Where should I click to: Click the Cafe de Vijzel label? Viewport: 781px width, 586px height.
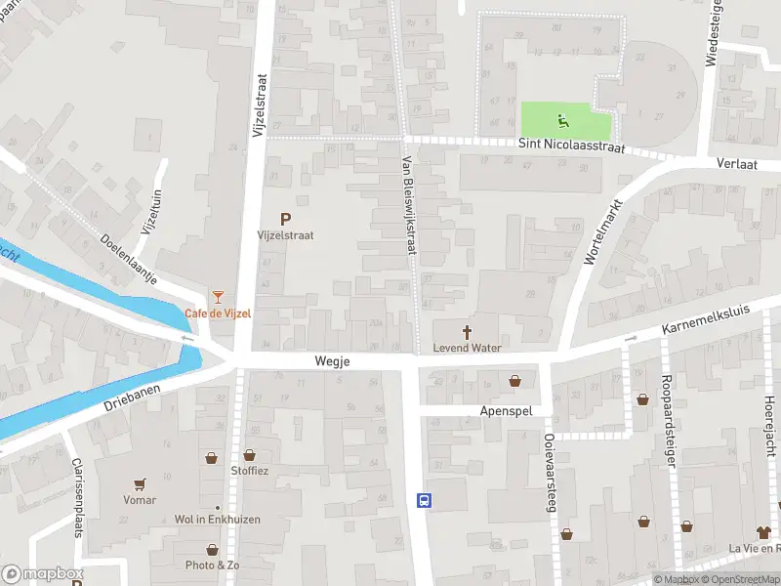[x=218, y=313]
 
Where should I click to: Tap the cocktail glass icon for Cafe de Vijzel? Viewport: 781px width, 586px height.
[x=218, y=296]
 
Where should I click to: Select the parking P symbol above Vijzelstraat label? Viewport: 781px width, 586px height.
[x=285, y=220]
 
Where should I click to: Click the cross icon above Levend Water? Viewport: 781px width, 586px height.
[x=466, y=331]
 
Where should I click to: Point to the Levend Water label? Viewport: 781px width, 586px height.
[x=466, y=348]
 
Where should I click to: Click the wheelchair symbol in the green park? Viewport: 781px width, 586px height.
[x=563, y=122]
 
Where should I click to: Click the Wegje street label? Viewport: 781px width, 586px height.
[x=332, y=361]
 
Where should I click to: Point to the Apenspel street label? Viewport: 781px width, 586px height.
[x=506, y=411]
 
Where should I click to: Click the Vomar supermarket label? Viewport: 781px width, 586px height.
[x=140, y=500]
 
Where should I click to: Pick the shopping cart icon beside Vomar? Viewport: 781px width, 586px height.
[x=140, y=484]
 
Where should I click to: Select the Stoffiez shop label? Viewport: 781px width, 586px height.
[x=250, y=471]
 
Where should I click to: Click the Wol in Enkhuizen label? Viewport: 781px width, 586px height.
[x=217, y=520]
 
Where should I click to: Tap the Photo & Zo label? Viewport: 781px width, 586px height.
[x=212, y=565]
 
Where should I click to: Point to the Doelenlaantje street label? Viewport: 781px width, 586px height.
[x=130, y=258]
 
